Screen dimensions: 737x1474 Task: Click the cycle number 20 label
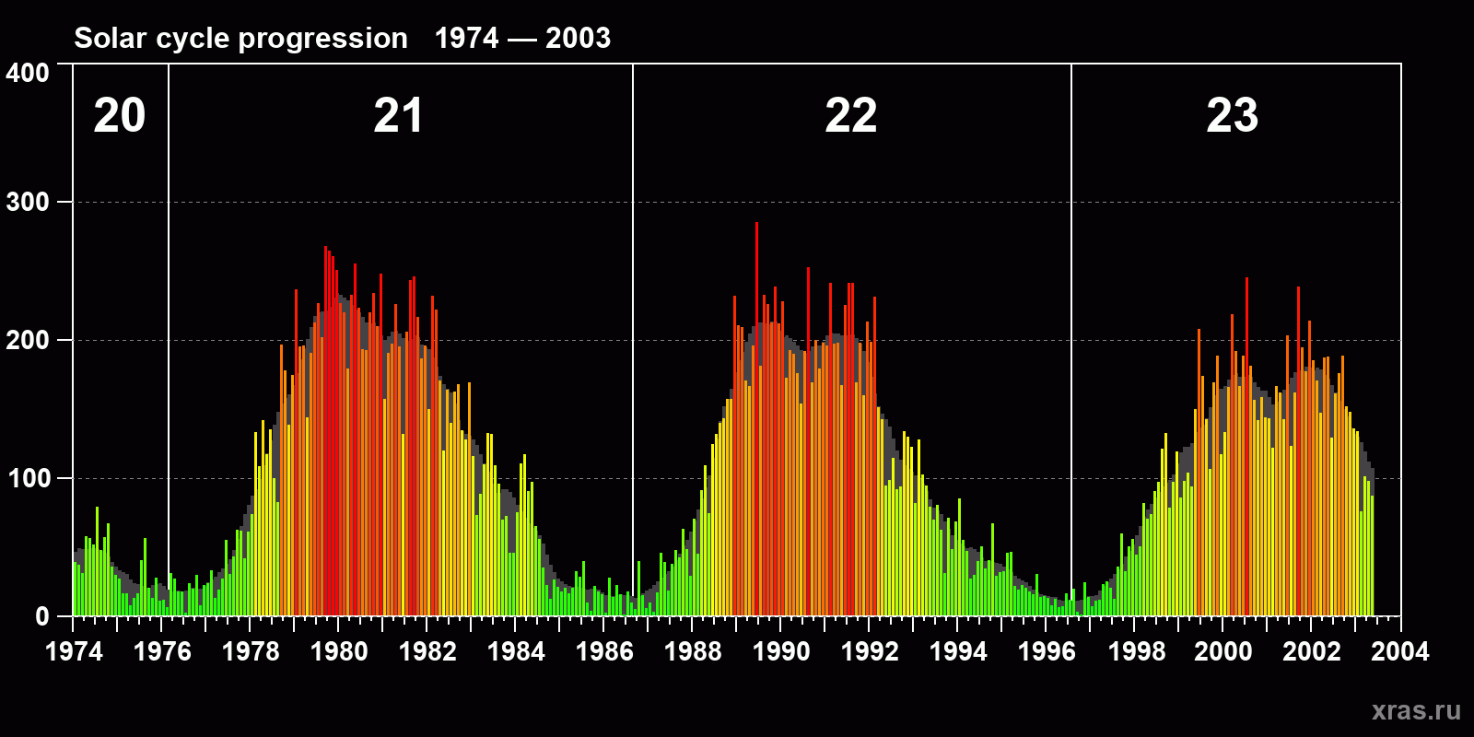120,116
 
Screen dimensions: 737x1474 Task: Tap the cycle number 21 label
398,116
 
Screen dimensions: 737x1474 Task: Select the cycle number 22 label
850,116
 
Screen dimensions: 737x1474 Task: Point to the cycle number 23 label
1232,116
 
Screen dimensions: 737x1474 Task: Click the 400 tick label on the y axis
28,73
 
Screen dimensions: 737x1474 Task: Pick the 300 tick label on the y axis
28,203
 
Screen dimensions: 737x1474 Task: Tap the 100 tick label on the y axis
28,478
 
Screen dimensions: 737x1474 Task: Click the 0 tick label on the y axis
42,616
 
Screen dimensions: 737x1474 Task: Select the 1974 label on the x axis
74,652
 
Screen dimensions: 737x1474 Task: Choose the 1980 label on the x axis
339,652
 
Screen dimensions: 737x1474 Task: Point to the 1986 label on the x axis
604,652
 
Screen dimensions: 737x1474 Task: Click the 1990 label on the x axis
781,652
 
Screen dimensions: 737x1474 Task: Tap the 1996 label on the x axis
1047,652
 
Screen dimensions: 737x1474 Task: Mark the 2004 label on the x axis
1400,652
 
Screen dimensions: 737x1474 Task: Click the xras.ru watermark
1416,710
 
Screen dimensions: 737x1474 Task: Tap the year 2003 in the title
578,39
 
